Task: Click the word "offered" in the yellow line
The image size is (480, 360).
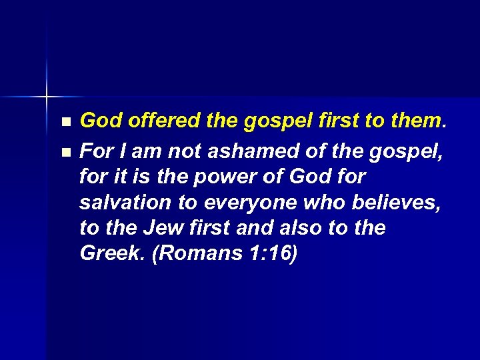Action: (161, 121)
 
